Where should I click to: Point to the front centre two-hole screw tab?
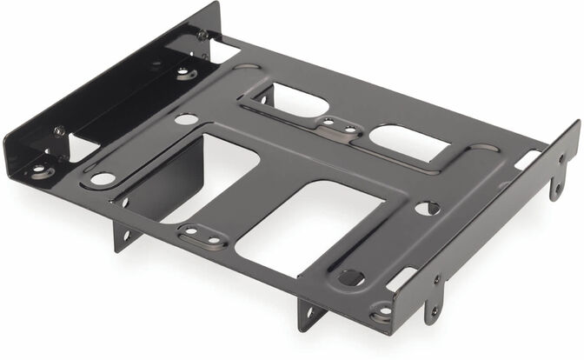(x=200, y=234)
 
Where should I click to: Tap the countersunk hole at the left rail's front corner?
(x=40, y=171)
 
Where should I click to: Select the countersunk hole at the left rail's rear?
(x=184, y=74)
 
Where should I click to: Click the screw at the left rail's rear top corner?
(x=202, y=36)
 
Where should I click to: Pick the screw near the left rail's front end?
(x=59, y=131)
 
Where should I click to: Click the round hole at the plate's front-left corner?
(x=103, y=179)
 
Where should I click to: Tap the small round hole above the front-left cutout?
(x=185, y=119)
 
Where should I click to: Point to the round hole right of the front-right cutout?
(x=426, y=208)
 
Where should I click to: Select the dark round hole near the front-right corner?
(x=350, y=277)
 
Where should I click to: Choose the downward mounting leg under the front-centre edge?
(x=309, y=314)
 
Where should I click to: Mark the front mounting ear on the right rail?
(x=432, y=300)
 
